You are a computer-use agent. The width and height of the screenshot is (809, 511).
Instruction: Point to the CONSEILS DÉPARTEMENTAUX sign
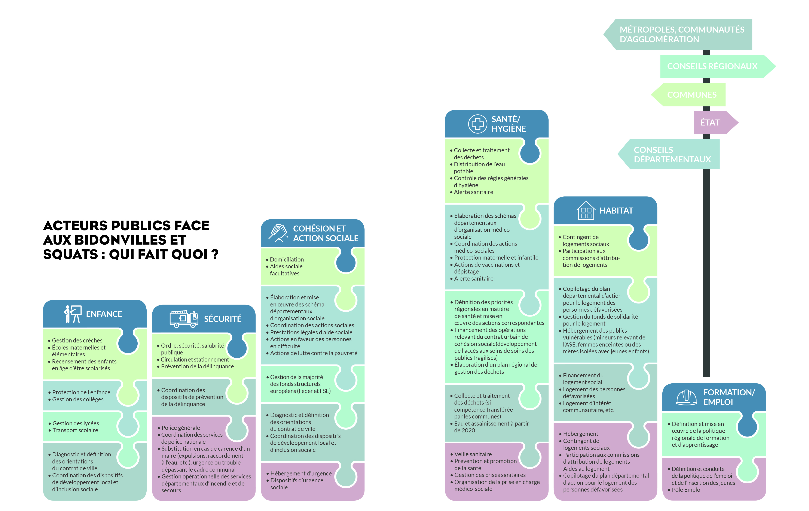pyautogui.click(x=669, y=154)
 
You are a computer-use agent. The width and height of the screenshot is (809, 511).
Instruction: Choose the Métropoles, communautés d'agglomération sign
pyautogui.click(x=678, y=34)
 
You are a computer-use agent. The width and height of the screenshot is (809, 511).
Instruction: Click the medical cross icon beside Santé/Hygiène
pyautogui.click(x=478, y=124)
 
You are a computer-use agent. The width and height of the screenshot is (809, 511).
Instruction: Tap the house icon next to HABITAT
pyautogui.click(x=586, y=211)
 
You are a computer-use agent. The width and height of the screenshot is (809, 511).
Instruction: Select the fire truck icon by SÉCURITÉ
pyautogui.click(x=184, y=319)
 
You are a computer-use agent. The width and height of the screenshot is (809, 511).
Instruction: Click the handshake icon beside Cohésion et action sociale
pyautogui.click(x=278, y=233)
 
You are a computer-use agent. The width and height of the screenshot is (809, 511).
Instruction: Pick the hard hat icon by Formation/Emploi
pyautogui.click(x=686, y=397)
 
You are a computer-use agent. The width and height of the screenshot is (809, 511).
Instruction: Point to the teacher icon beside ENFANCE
pyautogui.click(x=73, y=314)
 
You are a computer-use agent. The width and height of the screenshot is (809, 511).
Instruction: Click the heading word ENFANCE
pyautogui.click(x=104, y=314)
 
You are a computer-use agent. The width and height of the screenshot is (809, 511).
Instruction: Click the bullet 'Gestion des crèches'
pyautogui.click(x=75, y=341)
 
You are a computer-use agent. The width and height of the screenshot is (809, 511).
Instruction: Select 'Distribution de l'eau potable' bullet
pyautogui.click(x=477, y=168)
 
